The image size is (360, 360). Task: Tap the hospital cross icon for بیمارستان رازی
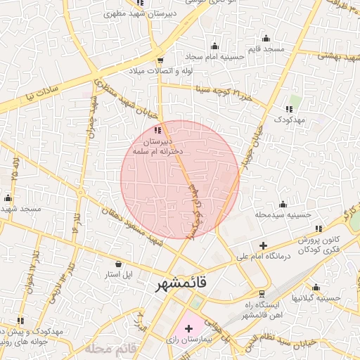point(188,328)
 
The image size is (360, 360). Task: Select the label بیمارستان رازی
point(188,342)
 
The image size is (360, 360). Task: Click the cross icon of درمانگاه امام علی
point(263,245)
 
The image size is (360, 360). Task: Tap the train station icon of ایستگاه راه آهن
point(262,293)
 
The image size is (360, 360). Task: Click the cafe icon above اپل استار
point(119,263)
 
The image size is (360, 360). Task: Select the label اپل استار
point(119,274)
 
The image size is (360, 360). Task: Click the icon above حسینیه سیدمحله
point(283,204)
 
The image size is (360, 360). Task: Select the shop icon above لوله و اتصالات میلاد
point(161,60)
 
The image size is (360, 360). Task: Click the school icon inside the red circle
point(157,129)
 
